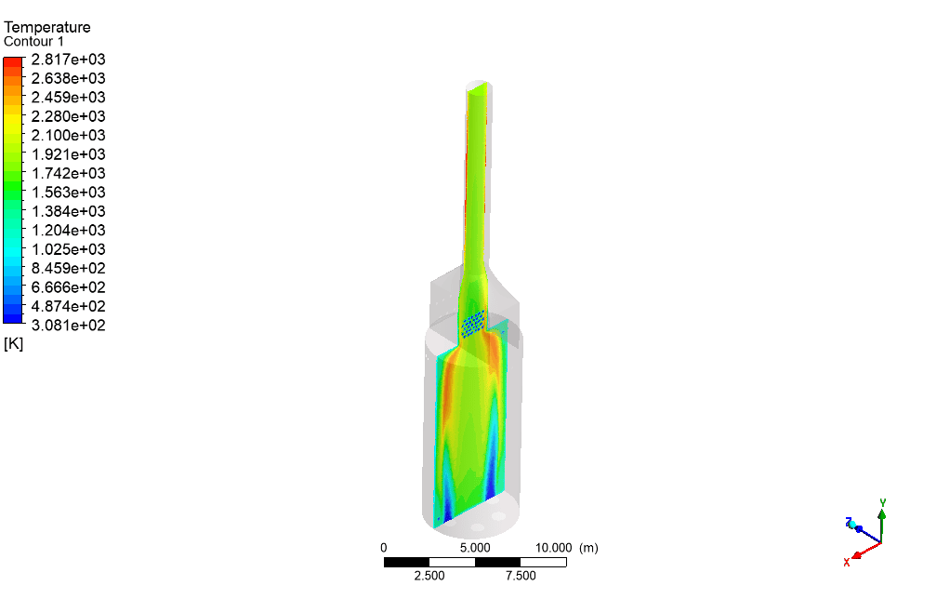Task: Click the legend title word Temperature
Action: coord(47,27)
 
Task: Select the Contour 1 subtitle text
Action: coord(33,42)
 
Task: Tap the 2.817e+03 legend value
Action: coord(69,60)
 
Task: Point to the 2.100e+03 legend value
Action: coord(69,135)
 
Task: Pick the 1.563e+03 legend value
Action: coord(69,193)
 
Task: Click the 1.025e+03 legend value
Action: coord(69,249)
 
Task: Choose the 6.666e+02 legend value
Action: coord(69,287)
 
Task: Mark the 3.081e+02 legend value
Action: coord(69,326)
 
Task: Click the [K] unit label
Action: coord(13,344)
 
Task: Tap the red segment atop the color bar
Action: coord(13,61)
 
